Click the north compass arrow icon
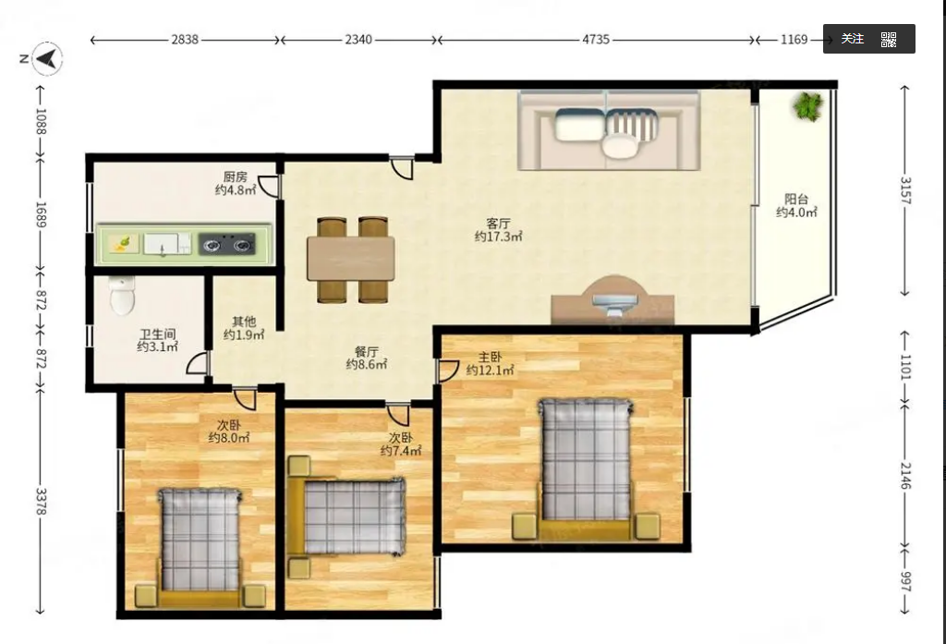pos(47,58)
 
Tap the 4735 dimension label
pos(596,40)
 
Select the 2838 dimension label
pos(185,40)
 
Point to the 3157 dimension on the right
pos(905,190)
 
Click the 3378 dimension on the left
pos(41,502)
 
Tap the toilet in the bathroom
pos(123,295)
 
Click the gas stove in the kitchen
pos(227,244)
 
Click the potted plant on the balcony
pos(808,106)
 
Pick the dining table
pos(350,259)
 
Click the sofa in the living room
pos(609,130)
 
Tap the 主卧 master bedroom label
pos(490,357)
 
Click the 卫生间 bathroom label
pos(157,334)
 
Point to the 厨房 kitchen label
pos(236,176)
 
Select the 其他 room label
pos(244,322)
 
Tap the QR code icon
pos(889,40)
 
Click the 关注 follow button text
pos(853,39)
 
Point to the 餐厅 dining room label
pos(366,352)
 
